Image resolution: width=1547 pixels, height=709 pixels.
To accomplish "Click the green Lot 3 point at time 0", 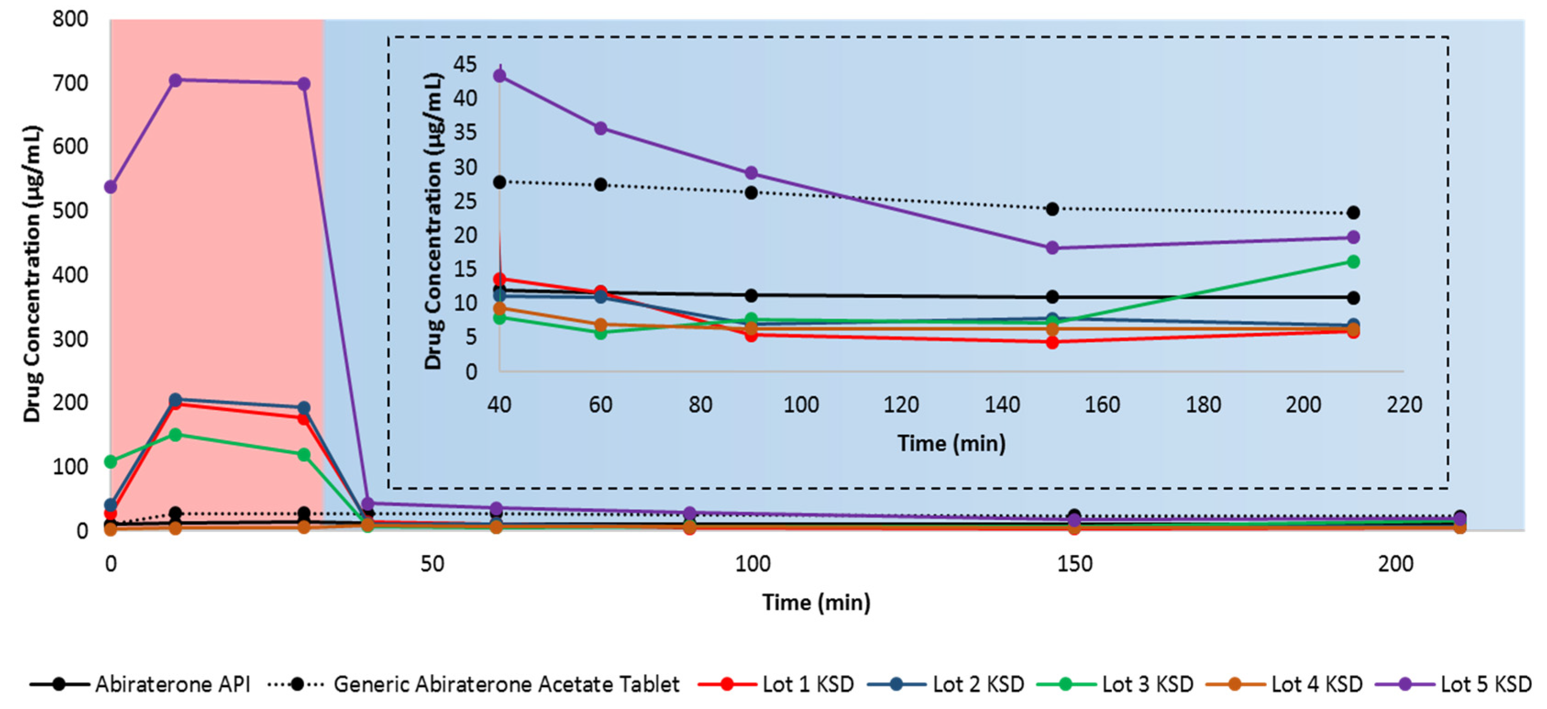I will (x=110, y=461).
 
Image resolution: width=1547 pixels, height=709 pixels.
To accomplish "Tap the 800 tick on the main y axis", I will (x=70, y=19).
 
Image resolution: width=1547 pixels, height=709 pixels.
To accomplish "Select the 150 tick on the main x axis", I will (x=1074, y=564).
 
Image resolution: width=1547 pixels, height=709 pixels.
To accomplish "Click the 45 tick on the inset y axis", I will (x=465, y=64).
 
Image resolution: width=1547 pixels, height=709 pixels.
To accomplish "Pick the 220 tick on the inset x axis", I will (x=1404, y=405).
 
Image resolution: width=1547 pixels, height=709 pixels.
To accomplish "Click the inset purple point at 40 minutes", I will (x=499, y=76).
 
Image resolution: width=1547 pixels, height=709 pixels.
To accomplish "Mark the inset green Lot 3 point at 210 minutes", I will (x=1353, y=261).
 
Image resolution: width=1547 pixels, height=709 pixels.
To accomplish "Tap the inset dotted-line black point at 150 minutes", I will (x=1052, y=209).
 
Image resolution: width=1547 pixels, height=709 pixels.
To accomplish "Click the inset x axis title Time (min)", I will (x=951, y=443).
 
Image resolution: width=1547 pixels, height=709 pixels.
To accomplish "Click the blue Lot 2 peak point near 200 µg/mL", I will (x=175, y=399).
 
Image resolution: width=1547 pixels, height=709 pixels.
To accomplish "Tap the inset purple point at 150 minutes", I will (x=1052, y=248).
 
